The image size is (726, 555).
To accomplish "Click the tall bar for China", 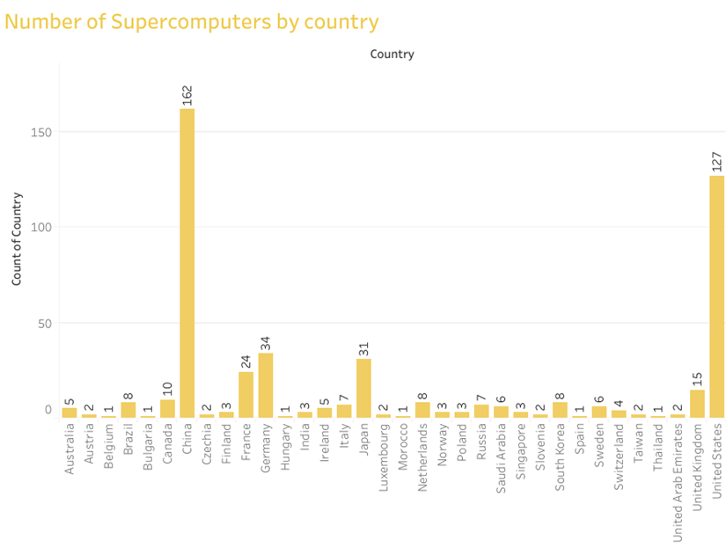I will click(187, 264).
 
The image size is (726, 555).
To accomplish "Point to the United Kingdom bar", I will click(697, 404).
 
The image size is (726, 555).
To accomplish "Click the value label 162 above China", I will click(187, 95).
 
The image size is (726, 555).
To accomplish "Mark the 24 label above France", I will click(246, 361).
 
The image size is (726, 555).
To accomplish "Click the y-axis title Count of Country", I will click(17, 238).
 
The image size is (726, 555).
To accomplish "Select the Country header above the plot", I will click(392, 55).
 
